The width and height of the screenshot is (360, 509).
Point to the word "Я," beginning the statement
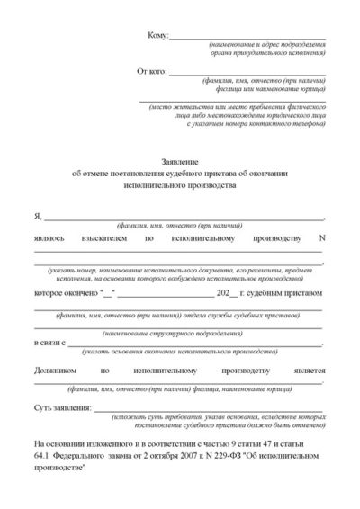coord(38,216)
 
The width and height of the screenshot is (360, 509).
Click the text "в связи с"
coord(49,344)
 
